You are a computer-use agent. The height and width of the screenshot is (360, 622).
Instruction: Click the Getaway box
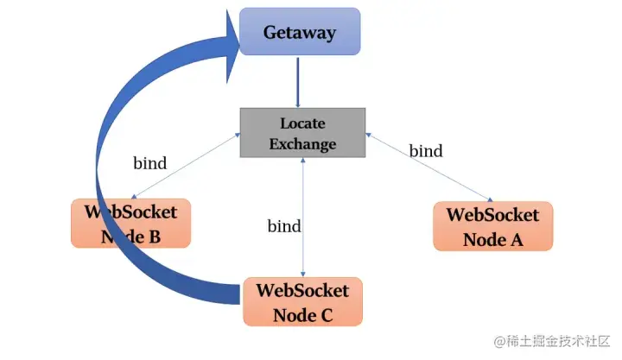300,31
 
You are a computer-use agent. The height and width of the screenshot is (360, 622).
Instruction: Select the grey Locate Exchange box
302,133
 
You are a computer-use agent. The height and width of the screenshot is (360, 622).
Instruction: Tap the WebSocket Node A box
493,226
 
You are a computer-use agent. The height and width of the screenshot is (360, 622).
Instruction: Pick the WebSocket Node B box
131,224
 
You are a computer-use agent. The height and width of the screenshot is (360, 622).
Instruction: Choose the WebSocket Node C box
302,301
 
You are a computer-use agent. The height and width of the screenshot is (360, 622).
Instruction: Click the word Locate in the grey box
302,123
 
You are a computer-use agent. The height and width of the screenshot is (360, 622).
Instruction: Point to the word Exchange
302,143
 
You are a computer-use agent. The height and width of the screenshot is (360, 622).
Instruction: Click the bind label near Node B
150,163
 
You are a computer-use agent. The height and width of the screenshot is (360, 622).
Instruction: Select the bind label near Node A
426,151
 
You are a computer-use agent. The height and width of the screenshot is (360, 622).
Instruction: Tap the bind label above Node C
284,226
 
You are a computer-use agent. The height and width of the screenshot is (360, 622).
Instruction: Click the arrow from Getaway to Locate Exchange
298,83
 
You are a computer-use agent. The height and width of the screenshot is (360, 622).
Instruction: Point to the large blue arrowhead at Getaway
233,47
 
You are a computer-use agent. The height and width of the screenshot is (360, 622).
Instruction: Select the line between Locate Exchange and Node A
429,167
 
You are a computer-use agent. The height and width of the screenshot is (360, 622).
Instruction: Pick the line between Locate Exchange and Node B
186,166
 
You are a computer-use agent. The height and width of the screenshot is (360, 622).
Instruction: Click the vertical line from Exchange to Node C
303,218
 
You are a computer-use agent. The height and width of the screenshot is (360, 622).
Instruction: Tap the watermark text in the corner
552,341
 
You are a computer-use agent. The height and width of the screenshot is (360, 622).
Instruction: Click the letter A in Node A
517,239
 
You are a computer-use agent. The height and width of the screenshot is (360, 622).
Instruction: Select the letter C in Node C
326,316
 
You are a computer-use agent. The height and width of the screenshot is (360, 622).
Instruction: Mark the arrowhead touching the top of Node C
303,274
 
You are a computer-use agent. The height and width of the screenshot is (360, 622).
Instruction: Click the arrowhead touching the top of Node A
491,199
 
